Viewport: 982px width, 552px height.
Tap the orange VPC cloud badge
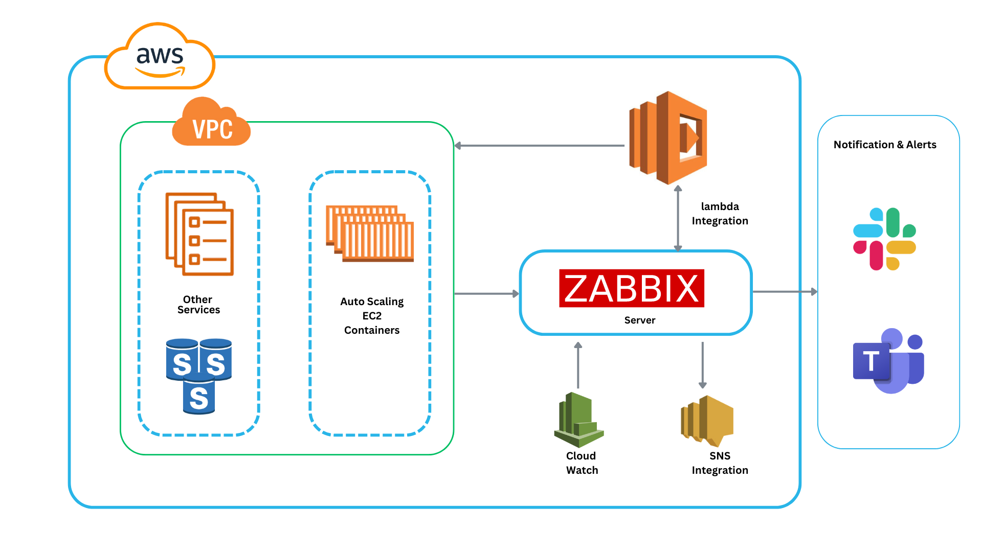pos(212,124)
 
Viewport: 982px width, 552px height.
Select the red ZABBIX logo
pos(632,288)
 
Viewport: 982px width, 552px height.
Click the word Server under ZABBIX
pos(639,320)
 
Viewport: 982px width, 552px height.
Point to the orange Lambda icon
pos(668,138)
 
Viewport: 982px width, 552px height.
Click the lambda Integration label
pos(720,214)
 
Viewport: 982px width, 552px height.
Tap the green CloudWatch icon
pos(579,420)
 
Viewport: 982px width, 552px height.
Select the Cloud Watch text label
pos(582,463)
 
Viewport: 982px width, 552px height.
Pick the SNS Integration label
pos(720,463)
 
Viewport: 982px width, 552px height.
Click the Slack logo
pos(884,239)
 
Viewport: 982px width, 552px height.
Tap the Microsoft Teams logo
pos(888,361)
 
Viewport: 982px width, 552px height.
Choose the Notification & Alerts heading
pos(885,145)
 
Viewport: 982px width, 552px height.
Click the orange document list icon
pos(199,234)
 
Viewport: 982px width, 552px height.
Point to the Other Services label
pos(198,305)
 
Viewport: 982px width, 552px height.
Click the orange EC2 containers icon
pos(370,234)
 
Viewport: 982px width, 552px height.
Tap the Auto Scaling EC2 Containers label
pos(372,316)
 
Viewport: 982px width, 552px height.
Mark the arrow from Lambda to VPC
pos(540,146)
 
